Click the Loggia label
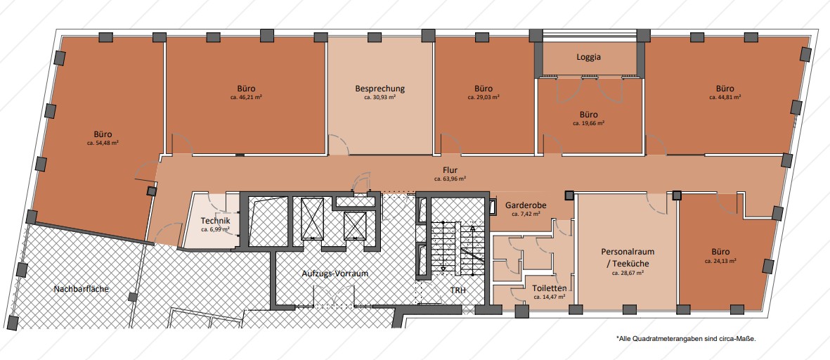[589, 57]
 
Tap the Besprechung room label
[380, 89]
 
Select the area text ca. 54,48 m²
[103, 143]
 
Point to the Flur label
[450, 170]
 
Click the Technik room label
[216, 221]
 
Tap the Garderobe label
[526, 205]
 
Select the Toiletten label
[550, 288]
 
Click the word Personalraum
[628, 252]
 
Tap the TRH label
[458, 290]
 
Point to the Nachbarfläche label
[82, 289]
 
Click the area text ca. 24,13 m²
[721, 261]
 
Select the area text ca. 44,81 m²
[725, 98]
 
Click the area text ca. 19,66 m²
[589, 123]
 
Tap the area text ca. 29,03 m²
[484, 98]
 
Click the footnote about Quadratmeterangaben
[685, 337]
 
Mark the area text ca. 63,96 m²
[450, 179]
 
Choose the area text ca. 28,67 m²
[628, 274]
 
